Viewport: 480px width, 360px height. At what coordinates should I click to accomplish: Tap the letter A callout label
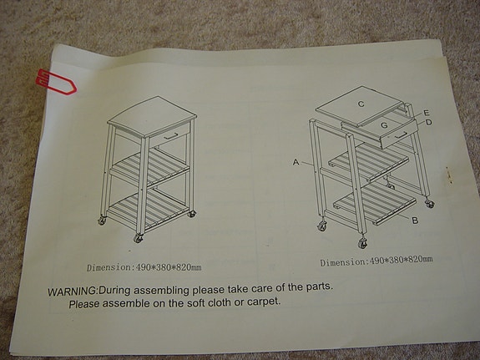point(296,165)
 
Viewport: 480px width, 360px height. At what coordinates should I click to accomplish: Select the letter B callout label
point(414,221)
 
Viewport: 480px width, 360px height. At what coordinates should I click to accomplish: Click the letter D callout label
point(428,123)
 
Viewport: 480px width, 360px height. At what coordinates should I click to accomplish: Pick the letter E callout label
point(427,113)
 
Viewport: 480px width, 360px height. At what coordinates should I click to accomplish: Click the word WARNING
point(72,289)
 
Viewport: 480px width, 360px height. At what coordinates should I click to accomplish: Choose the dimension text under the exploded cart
point(376,261)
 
